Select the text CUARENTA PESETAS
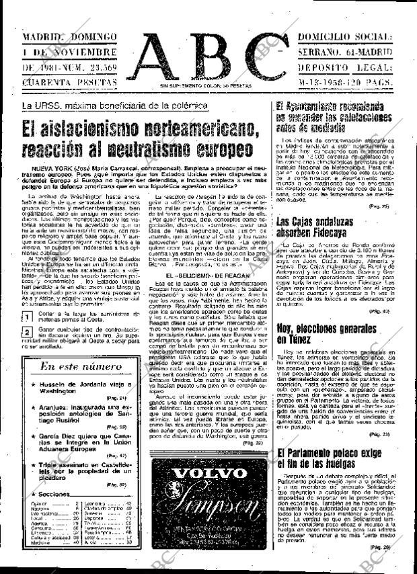point(69,83)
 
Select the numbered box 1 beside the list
point(26,317)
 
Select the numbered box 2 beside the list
point(26,333)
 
